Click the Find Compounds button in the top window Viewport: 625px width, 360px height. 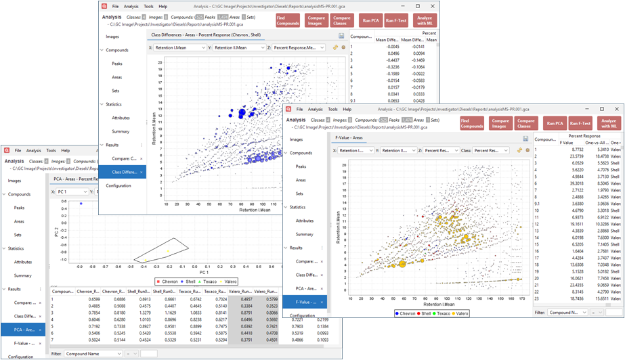287,21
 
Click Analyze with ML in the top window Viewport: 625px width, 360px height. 425,21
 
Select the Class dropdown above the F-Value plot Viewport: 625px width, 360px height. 490,150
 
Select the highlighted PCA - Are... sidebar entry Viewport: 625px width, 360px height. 25,330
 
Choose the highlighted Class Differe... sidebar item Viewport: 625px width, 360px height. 125,172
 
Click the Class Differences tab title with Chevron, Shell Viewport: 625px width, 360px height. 206,35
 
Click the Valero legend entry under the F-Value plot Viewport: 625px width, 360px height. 461,313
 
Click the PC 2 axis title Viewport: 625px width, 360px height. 56,232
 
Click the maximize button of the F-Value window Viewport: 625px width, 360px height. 602,109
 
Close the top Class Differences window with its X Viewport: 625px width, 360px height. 433,7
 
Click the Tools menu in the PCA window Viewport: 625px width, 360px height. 51,150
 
